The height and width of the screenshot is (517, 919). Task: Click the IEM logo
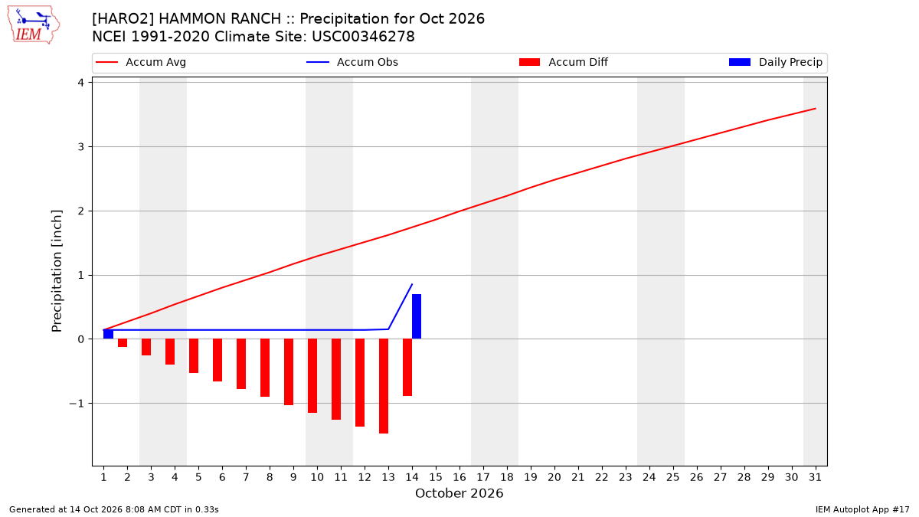click(34, 25)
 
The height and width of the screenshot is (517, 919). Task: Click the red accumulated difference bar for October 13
click(384, 386)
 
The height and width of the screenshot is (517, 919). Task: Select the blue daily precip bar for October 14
click(417, 316)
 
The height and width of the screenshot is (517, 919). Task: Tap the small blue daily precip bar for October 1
click(108, 335)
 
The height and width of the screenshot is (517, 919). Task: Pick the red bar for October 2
click(123, 343)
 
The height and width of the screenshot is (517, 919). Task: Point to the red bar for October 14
click(407, 367)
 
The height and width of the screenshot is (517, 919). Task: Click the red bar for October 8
click(265, 368)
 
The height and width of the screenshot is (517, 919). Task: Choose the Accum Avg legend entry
click(141, 62)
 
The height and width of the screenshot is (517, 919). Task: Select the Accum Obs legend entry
click(352, 62)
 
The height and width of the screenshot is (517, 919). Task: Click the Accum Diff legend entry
click(564, 62)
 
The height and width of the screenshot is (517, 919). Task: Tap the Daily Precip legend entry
click(776, 62)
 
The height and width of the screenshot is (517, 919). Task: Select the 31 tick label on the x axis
click(815, 478)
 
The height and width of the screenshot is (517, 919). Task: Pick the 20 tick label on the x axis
click(554, 478)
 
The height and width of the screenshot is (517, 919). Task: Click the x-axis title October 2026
click(459, 493)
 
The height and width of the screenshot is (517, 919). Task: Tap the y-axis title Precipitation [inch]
click(57, 271)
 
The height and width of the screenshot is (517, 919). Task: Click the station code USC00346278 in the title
click(363, 37)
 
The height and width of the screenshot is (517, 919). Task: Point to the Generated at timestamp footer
click(113, 509)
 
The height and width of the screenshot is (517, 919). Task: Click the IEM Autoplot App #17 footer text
click(862, 509)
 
